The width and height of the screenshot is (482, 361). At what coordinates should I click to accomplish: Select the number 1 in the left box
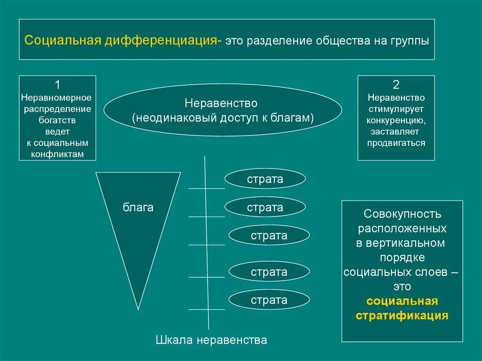(x=57, y=85)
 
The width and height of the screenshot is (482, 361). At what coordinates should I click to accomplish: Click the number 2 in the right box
(x=396, y=85)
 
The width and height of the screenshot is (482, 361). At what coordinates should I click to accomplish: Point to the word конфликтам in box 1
(x=57, y=154)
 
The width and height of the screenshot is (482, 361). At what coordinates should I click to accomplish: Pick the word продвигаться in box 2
(x=396, y=143)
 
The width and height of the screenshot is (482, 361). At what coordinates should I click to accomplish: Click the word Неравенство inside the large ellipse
(x=221, y=103)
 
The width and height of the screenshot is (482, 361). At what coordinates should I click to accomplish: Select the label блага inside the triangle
(x=138, y=207)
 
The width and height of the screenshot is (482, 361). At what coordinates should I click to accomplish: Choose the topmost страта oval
(x=265, y=179)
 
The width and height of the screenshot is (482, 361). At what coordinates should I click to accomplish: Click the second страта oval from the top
(x=265, y=207)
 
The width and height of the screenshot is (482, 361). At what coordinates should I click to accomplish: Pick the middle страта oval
(x=269, y=235)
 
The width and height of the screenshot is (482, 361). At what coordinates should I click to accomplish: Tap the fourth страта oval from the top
(x=269, y=272)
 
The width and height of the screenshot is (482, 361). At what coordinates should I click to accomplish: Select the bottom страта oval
(x=269, y=300)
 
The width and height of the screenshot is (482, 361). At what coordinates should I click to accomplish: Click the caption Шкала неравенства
(x=211, y=340)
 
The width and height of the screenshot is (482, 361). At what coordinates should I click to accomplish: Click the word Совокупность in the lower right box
(x=402, y=214)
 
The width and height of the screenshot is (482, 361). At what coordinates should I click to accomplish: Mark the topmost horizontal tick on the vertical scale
(x=207, y=188)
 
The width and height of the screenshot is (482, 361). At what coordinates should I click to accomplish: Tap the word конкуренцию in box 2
(x=396, y=120)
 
